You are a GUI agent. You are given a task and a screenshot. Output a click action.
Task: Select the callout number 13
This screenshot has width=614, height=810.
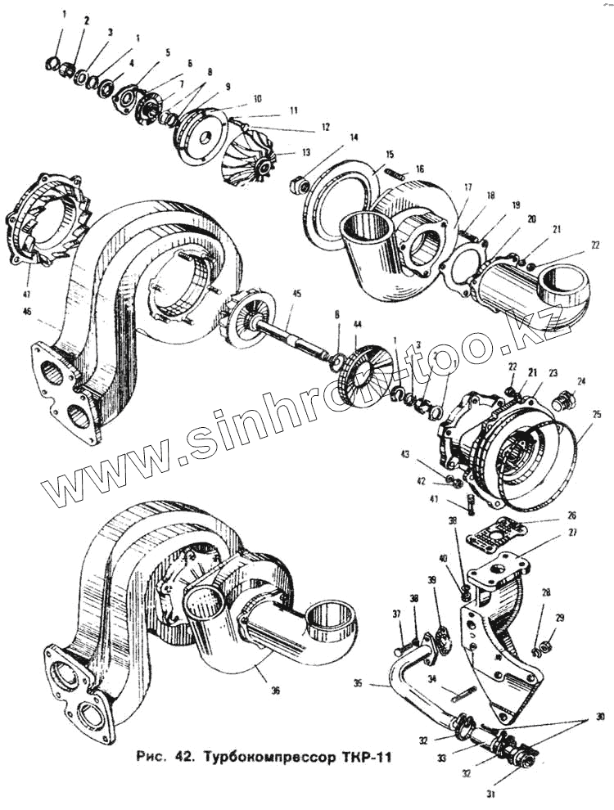(283, 152)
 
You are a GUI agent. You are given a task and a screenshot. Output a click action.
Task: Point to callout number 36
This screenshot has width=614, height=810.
(275, 691)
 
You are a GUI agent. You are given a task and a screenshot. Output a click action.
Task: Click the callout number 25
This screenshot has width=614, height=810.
(597, 414)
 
